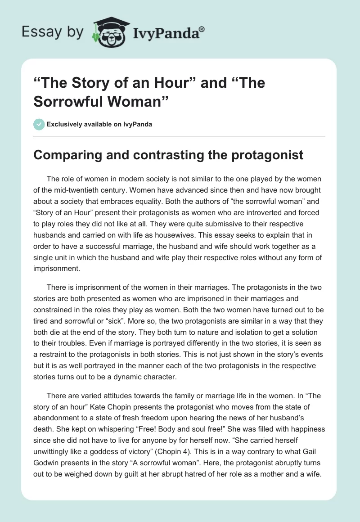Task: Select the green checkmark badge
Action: click(39, 124)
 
